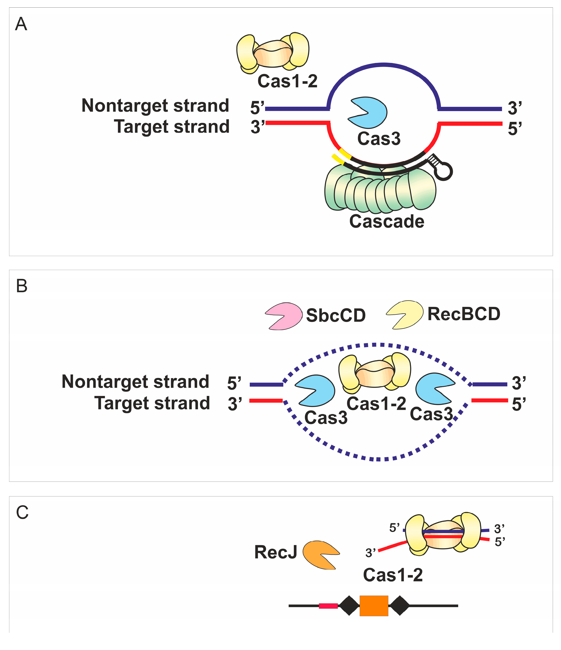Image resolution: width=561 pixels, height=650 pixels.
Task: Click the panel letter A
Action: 21,24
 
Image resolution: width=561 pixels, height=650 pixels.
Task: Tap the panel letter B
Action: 22,286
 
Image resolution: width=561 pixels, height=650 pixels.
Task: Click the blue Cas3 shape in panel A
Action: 370,113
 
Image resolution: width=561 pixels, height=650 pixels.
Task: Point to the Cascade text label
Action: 386,221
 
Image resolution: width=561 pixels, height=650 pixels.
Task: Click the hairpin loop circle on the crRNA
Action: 444,171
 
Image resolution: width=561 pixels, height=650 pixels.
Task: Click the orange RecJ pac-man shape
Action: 320,555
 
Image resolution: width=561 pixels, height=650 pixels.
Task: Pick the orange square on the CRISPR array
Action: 374,605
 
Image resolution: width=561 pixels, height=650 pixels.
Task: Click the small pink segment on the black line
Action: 328,606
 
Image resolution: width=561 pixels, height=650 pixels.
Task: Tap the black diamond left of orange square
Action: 349,605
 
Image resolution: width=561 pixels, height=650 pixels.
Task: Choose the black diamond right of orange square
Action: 399,605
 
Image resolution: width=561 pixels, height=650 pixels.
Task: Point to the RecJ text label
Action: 275,552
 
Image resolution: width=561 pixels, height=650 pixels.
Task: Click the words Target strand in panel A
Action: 171,126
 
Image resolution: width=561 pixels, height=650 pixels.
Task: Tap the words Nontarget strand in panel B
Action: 135,381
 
